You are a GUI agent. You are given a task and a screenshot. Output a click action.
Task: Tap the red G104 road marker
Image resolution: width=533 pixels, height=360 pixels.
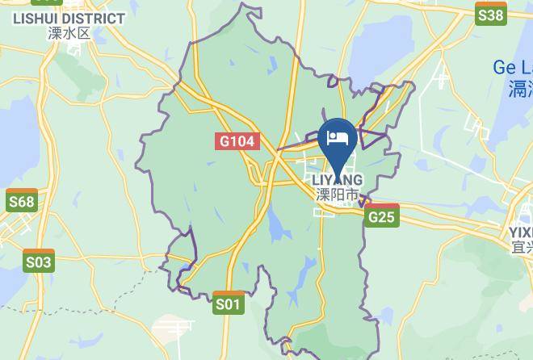tap(237, 141)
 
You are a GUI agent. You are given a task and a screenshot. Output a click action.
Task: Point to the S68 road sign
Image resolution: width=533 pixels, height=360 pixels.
tap(21, 200)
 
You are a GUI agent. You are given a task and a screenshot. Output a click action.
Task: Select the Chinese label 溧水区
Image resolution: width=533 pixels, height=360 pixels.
tap(69, 33)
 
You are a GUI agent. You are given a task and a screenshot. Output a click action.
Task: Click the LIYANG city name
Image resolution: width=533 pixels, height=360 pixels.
tap(337, 179)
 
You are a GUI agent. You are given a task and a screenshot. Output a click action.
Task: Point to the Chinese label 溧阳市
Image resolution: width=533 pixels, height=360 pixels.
tap(337, 195)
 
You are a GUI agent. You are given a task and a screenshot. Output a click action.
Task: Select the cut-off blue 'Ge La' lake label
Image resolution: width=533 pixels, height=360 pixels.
tap(513, 68)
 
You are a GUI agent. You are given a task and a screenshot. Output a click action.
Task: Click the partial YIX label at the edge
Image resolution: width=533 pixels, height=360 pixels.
tap(521, 232)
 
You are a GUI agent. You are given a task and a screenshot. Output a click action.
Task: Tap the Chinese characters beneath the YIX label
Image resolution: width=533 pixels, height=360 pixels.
tap(522, 247)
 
